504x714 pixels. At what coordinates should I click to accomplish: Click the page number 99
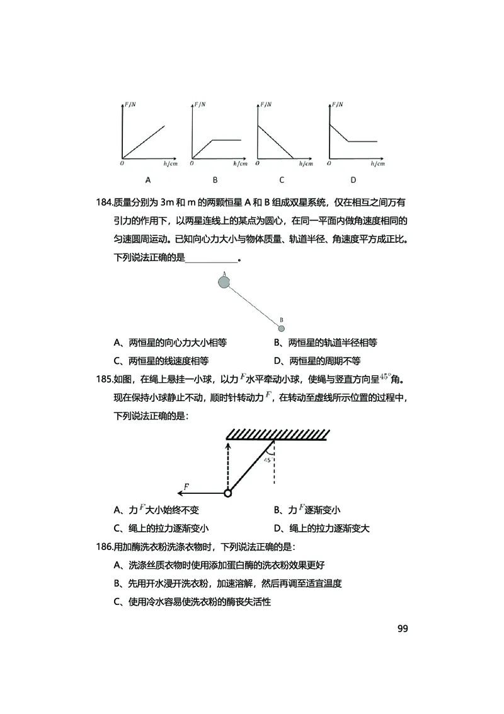(403, 629)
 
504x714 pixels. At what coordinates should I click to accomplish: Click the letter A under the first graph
(149, 180)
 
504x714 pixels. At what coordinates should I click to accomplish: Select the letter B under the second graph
(215, 180)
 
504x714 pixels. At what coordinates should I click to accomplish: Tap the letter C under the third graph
(282, 180)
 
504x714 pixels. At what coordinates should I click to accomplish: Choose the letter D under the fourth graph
(353, 180)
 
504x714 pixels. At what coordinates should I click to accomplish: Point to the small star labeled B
(282, 328)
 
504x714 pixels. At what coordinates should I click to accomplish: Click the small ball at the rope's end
(227, 493)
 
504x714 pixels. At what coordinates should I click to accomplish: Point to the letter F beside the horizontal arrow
(186, 486)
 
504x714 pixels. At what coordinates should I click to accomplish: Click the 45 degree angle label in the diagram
(268, 460)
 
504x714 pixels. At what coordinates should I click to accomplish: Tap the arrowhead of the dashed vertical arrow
(227, 445)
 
